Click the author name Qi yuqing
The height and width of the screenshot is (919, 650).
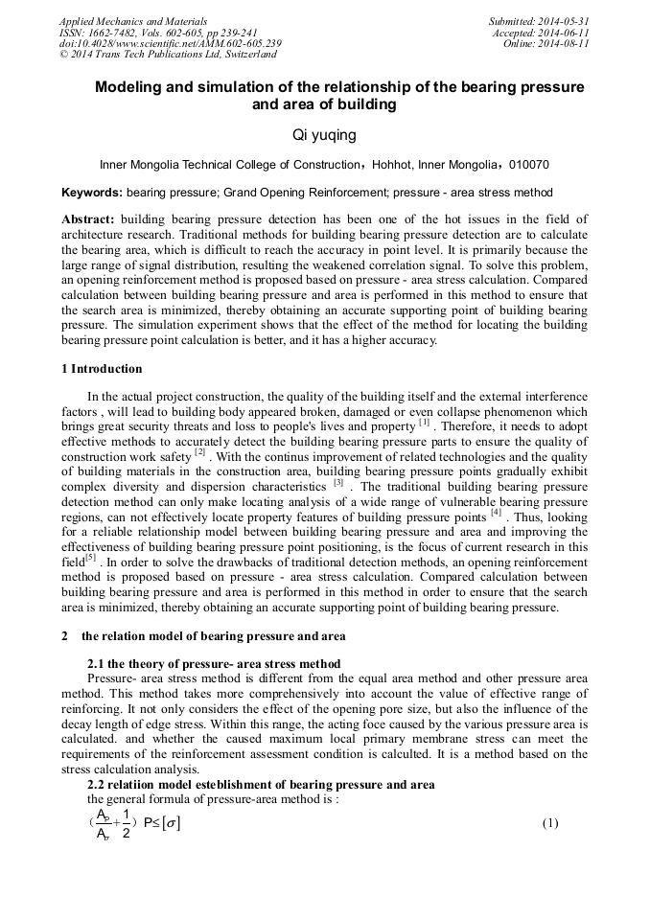(x=324, y=136)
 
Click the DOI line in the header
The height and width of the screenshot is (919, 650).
(x=170, y=43)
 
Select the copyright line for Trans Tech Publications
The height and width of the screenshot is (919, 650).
(x=168, y=55)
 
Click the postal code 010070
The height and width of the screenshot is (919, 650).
(x=527, y=165)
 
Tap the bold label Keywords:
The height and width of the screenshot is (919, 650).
(x=92, y=193)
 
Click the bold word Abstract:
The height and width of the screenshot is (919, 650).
(x=88, y=219)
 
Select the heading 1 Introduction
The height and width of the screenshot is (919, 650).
(x=102, y=369)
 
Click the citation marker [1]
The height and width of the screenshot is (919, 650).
(x=424, y=422)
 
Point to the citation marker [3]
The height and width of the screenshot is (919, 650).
(x=337, y=482)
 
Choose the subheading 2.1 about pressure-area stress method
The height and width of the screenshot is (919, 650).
(x=213, y=664)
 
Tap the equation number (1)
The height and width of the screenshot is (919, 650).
(x=550, y=823)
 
